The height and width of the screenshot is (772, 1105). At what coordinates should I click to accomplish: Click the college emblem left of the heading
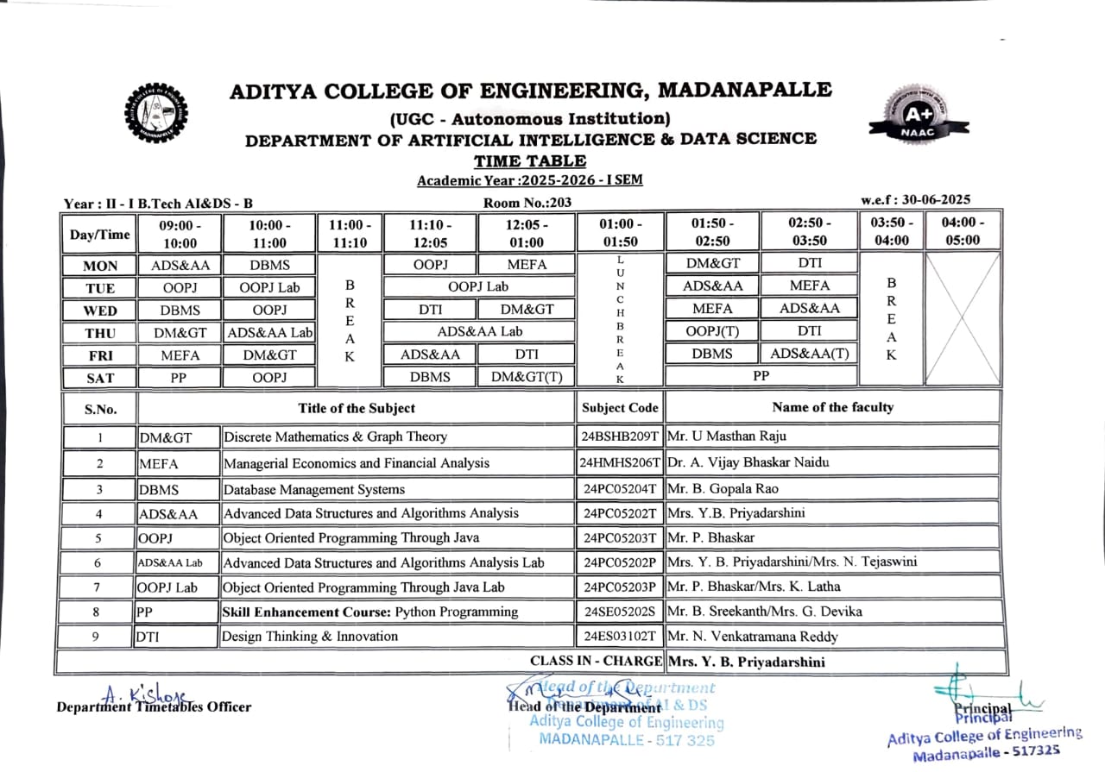[155, 111]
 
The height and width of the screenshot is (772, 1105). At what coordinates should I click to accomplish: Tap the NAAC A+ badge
[919, 116]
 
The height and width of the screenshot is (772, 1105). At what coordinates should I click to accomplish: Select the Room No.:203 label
[527, 203]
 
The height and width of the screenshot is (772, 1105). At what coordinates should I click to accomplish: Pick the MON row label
[99, 266]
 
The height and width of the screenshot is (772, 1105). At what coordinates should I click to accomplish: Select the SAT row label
[99, 377]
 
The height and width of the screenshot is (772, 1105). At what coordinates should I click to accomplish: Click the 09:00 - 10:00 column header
[179, 233]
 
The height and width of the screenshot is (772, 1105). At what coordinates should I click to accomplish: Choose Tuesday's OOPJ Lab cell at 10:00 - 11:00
[268, 287]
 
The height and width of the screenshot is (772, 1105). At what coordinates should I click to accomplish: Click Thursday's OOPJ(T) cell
[711, 331]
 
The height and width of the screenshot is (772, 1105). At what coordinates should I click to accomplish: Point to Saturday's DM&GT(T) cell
[527, 376]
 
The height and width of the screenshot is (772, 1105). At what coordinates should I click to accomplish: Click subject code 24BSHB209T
[620, 436]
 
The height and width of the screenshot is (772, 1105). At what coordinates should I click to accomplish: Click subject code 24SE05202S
[620, 612]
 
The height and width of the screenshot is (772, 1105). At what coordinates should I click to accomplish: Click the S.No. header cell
[99, 408]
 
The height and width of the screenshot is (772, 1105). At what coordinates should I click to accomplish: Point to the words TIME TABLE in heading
[529, 161]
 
